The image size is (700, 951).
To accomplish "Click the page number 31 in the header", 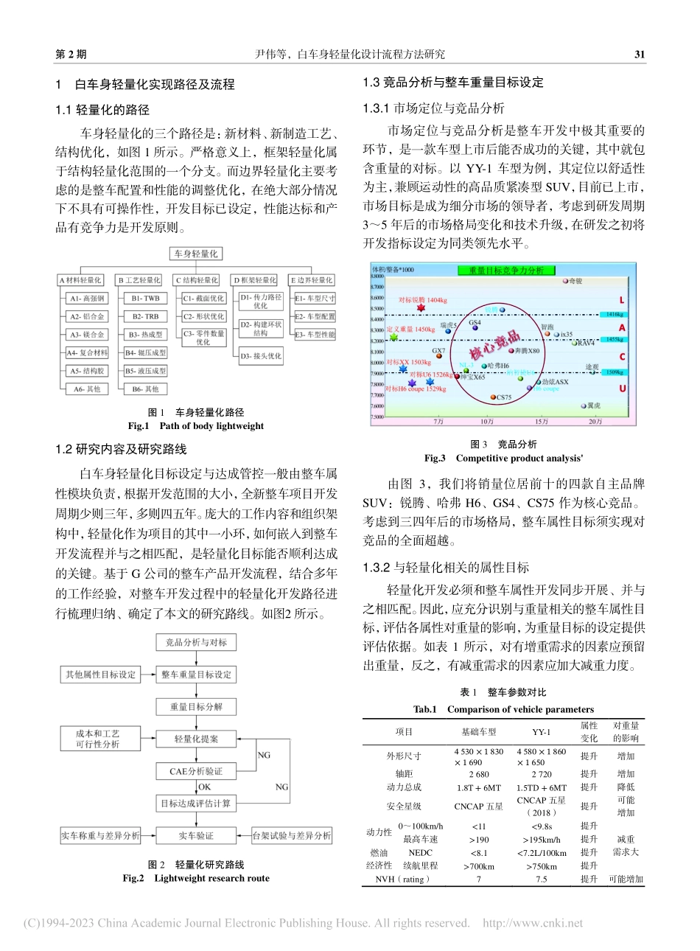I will click(x=639, y=55).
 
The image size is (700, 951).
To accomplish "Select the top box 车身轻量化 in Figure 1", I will click(x=195, y=254).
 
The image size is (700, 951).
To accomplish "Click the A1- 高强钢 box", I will click(x=88, y=298).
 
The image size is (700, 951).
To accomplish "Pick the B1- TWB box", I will click(x=145, y=298).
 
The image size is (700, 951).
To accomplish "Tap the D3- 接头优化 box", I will click(x=260, y=355).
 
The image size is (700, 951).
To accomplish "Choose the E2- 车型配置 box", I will click(x=315, y=316).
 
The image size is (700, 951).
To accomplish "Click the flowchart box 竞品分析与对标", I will click(x=196, y=642).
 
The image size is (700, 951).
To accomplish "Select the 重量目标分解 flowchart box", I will click(x=196, y=706).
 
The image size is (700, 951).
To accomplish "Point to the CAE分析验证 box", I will click(x=196, y=771).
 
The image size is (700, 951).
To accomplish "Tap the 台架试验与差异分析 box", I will click(x=292, y=835).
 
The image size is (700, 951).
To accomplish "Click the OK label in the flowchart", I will click(x=204, y=787).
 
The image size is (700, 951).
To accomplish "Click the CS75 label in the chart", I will click(x=503, y=398).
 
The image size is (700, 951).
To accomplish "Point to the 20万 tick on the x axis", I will click(x=595, y=421).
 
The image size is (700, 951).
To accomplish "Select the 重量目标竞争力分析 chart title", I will click(x=505, y=271).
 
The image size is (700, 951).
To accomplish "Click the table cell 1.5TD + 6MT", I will click(x=542, y=787).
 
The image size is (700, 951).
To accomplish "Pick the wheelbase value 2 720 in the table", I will click(x=542, y=774).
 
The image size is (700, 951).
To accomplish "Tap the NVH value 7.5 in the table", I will click(x=542, y=879).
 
